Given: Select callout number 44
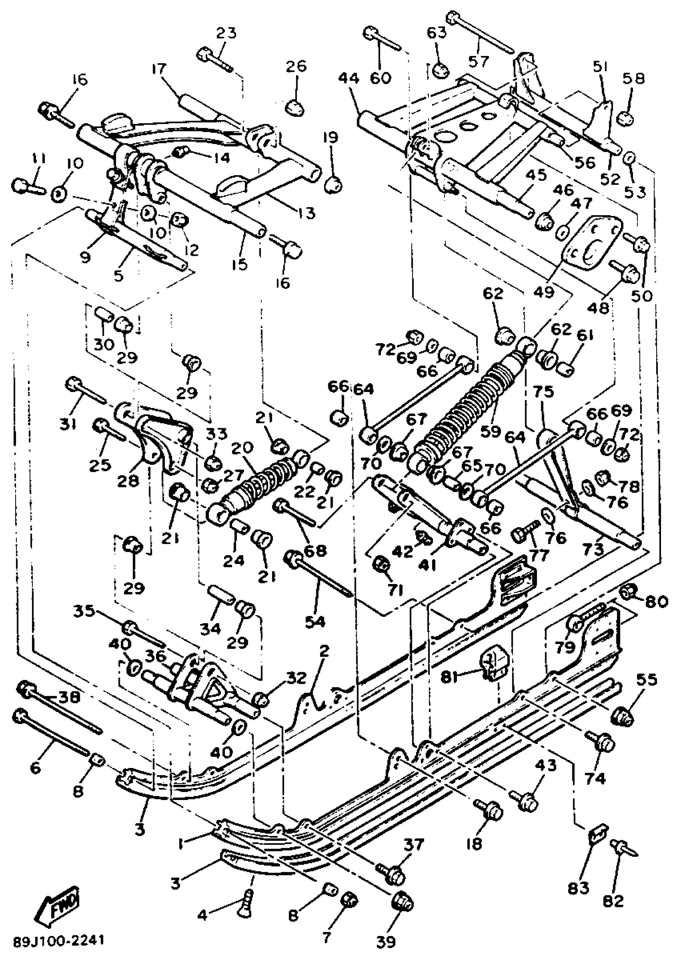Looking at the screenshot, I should (349, 78).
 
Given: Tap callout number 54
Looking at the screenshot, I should (315, 622).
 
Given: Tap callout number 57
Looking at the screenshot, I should (478, 61).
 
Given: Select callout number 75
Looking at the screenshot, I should (544, 393).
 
